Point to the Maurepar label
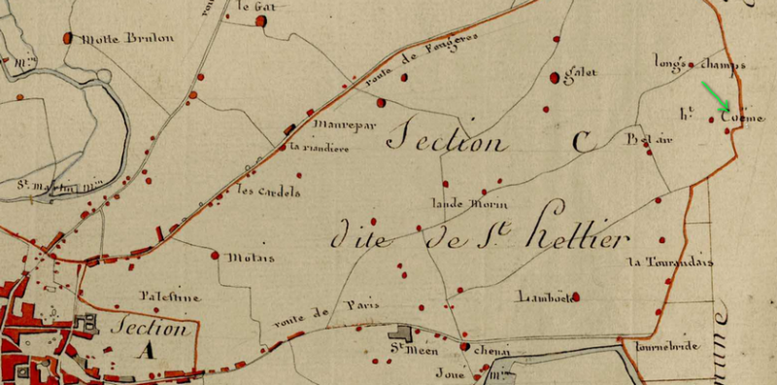(336, 125)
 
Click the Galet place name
(580, 72)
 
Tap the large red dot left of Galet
(555, 77)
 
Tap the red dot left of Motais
(215, 256)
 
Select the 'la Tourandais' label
(670, 262)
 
